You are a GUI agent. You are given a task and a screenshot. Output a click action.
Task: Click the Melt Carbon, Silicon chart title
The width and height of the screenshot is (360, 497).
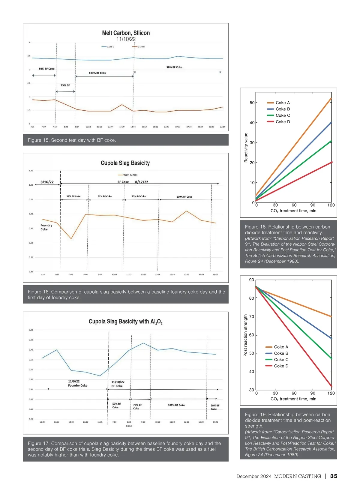(x=126, y=33)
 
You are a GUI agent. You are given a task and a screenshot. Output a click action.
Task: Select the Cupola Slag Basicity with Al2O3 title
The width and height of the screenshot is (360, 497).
(x=125, y=322)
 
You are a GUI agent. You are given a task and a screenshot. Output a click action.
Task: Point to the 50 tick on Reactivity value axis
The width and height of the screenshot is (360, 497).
(x=252, y=103)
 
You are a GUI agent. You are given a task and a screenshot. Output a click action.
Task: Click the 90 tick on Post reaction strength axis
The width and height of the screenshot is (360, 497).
(x=251, y=280)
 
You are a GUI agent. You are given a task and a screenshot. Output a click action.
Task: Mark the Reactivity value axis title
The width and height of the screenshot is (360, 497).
(x=246, y=148)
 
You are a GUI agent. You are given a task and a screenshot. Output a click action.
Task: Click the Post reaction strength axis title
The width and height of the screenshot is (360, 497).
(x=245, y=335)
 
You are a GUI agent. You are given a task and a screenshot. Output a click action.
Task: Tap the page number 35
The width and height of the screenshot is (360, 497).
(x=334, y=476)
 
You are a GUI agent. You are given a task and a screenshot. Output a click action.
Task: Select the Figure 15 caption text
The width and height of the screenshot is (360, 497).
(x=72, y=140)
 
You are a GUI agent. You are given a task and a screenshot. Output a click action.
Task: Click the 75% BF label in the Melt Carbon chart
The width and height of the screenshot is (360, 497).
(x=65, y=85)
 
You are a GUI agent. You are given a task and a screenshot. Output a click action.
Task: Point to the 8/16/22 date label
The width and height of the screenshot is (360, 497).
(x=47, y=182)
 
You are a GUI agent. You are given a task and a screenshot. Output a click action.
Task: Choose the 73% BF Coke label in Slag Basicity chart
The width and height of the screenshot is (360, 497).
(x=139, y=196)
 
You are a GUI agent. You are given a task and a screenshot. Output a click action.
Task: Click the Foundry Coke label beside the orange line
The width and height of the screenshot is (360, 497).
(x=46, y=227)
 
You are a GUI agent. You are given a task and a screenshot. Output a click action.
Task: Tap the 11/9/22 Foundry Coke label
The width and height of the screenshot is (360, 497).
(x=77, y=383)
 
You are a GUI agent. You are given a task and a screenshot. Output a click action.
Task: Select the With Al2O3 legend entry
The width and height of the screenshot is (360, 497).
(x=130, y=175)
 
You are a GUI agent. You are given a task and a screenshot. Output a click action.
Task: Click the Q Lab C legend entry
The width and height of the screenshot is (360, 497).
(x=110, y=47)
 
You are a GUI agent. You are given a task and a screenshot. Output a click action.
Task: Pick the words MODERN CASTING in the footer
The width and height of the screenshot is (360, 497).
(x=297, y=476)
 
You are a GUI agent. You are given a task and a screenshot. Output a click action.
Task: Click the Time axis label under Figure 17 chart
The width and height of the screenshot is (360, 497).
(x=129, y=426)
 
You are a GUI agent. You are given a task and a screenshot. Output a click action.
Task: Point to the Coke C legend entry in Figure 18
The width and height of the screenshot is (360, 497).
(x=283, y=115)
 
